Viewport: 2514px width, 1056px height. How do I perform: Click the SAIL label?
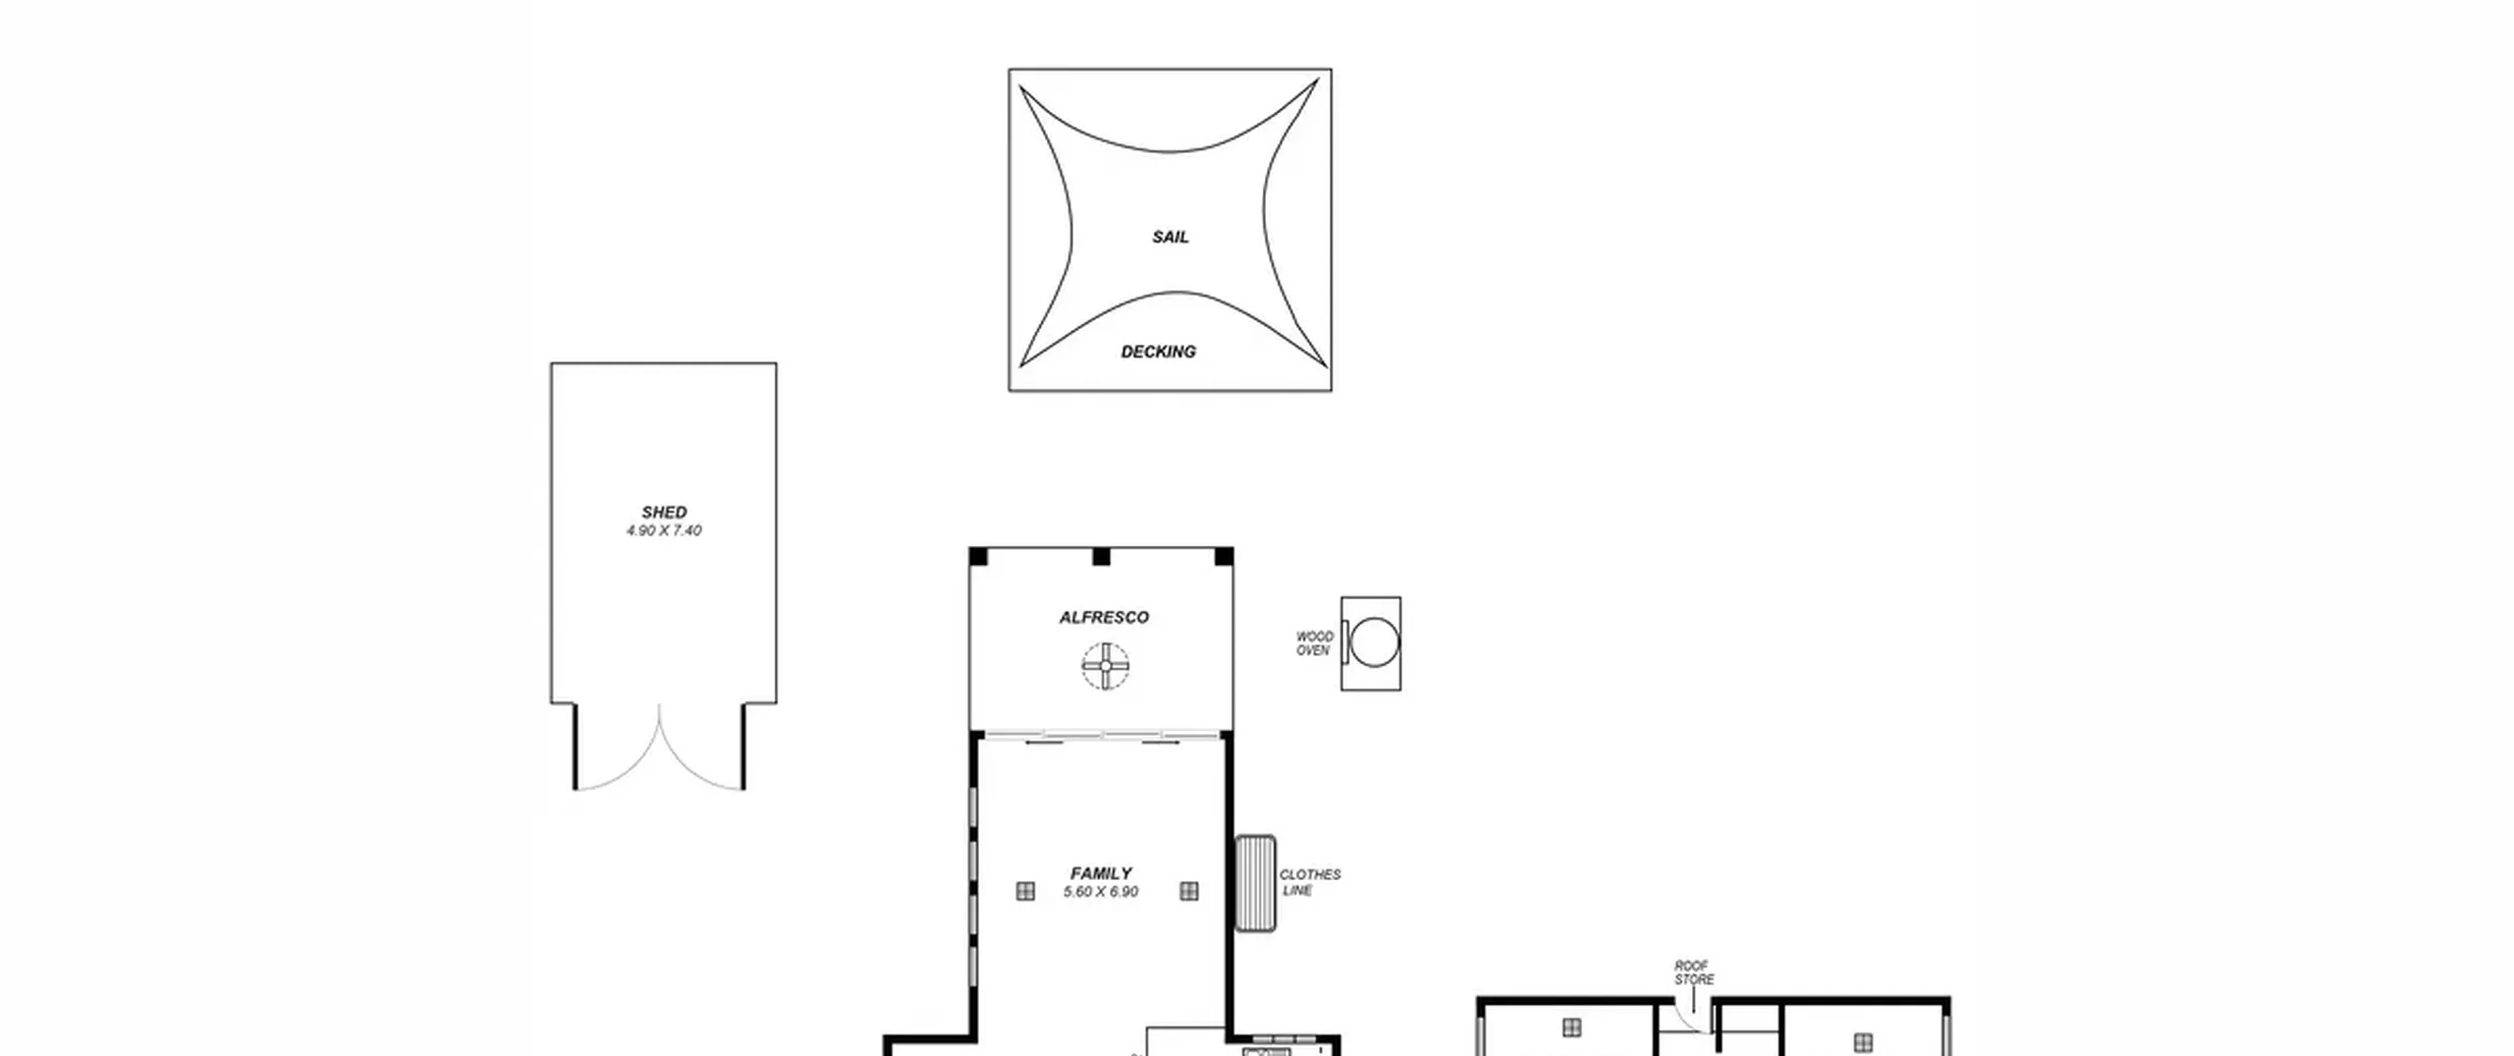[x=1170, y=237]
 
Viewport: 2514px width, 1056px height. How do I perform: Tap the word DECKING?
[x=1159, y=352]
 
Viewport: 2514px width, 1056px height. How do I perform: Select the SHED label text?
[x=665, y=512]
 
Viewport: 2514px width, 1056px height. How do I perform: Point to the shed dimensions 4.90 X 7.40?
[x=665, y=530]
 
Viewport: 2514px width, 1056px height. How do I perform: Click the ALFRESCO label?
[x=1104, y=617]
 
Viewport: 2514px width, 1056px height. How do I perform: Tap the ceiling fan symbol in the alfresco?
[x=1106, y=666]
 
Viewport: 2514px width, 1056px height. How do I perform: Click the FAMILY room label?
[x=1101, y=873]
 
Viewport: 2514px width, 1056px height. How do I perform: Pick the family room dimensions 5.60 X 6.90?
[x=1101, y=892]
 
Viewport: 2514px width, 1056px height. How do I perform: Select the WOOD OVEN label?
[x=1314, y=643]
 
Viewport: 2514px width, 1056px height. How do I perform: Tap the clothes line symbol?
[x=1255, y=883]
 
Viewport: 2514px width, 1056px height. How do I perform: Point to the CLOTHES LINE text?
[x=1309, y=882]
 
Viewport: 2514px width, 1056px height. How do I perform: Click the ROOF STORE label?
[x=1694, y=973]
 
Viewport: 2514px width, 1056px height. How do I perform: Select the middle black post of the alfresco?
[x=1101, y=557]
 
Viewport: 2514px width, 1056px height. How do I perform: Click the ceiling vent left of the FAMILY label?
[x=1025, y=891]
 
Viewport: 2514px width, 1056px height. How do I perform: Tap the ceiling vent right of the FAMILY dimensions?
[x=1189, y=891]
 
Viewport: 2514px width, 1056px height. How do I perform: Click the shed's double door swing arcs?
[x=659, y=747]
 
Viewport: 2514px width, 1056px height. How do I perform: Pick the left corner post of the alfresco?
[x=978, y=557]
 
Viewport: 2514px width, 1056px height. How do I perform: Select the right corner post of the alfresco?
[x=1224, y=557]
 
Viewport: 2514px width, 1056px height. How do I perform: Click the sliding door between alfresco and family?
[x=1102, y=736]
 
